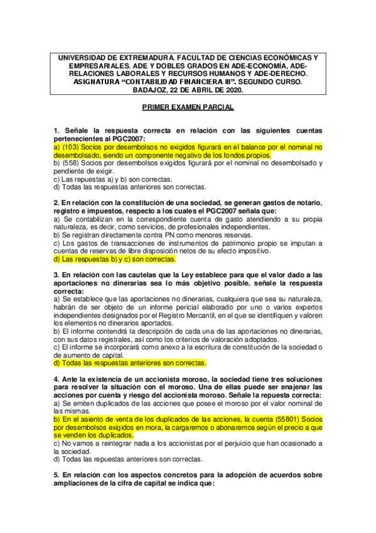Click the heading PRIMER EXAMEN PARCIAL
tap(188, 108)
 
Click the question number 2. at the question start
tap(56, 202)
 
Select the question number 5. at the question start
tap(56, 475)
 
